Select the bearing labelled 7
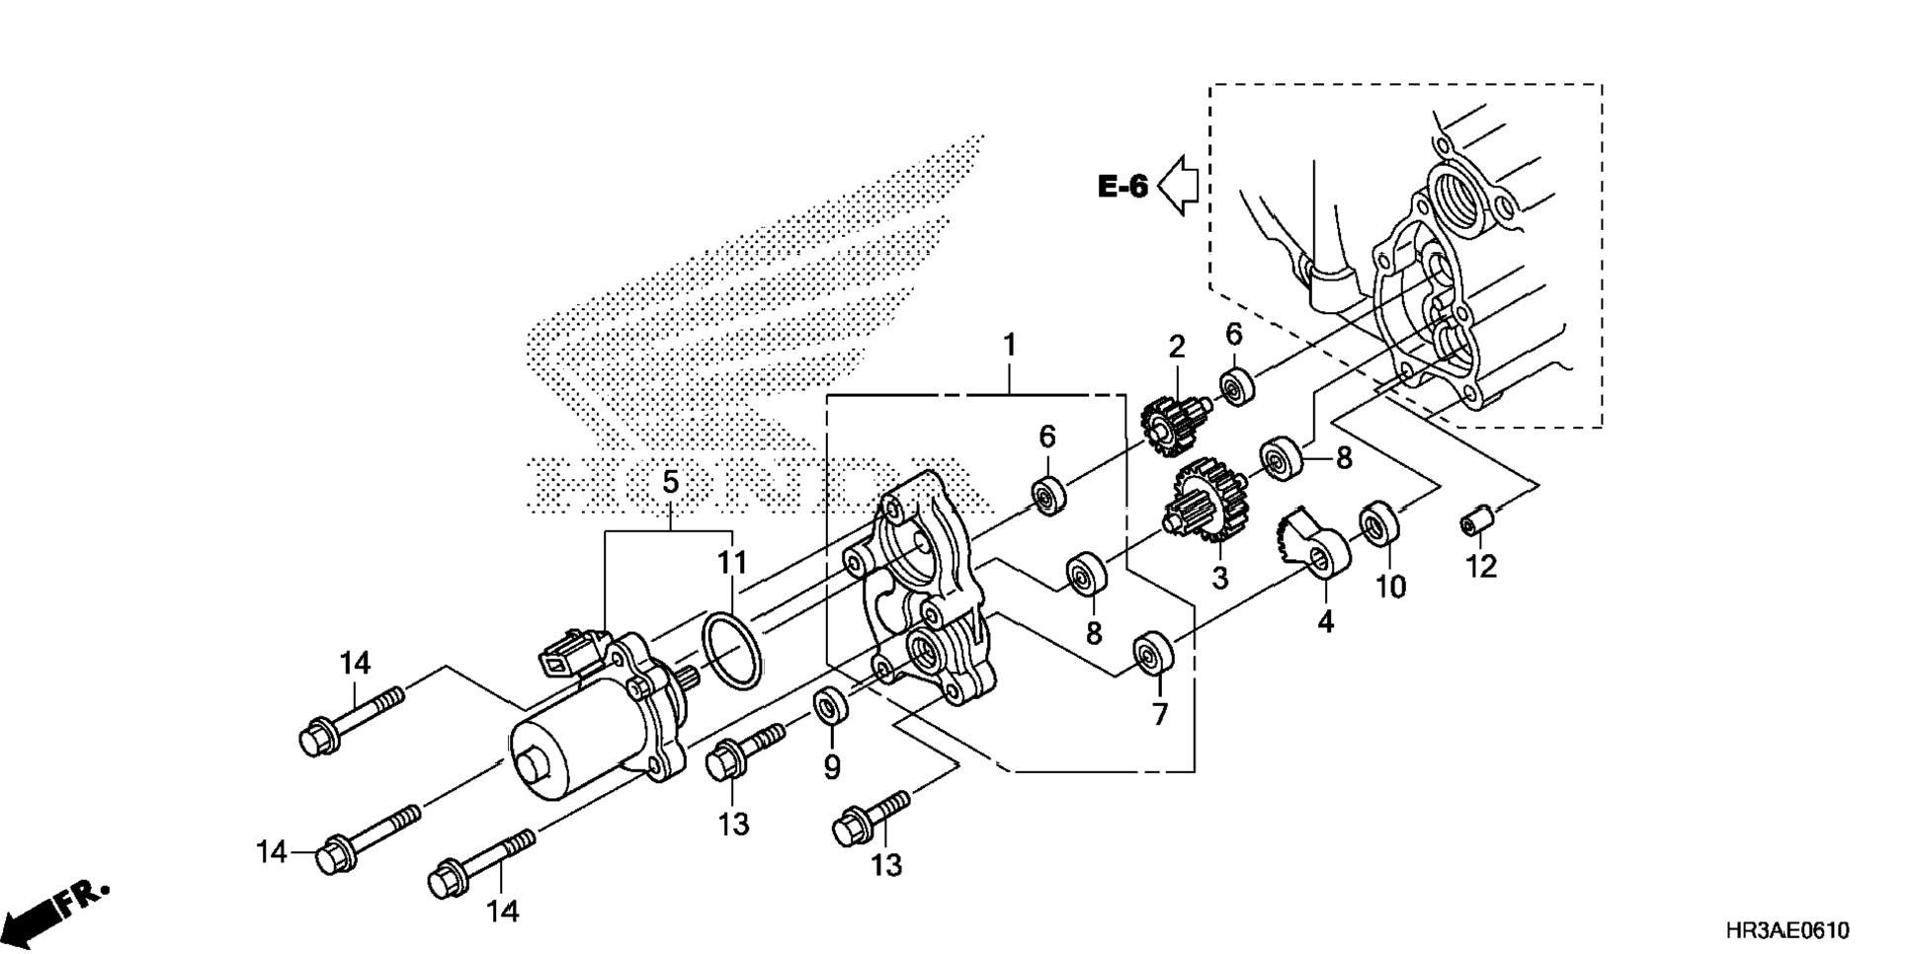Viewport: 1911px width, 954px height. (x=1152, y=652)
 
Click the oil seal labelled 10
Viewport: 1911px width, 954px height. (x=1379, y=522)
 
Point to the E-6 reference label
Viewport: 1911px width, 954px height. (x=1122, y=186)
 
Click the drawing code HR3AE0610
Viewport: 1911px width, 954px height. (x=1787, y=930)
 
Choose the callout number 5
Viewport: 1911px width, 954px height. (x=670, y=483)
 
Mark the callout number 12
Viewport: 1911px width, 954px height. (x=1481, y=566)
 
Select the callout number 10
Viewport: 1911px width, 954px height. (x=1390, y=587)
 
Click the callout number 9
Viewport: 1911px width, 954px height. (x=831, y=766)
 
